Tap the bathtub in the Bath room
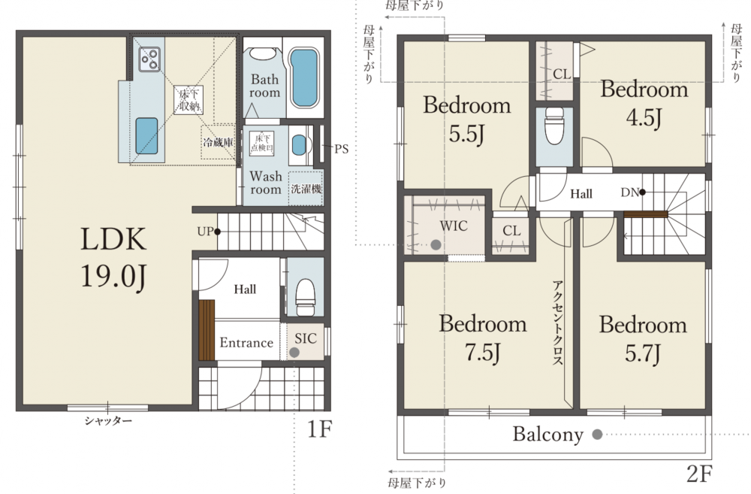pos(305,78)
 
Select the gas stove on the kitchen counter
pos(149,59)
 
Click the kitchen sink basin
pos(146,136)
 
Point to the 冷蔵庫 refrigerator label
pos(219,142)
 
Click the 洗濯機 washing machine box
pos(306,189)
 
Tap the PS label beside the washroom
pos(341,149)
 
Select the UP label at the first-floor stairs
pos(206,231)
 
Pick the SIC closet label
pos(306,338)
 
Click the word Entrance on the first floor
pos(246,342)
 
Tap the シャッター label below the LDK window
pos(108,421)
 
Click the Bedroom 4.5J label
pos(644,103)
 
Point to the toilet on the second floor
pos(554,126)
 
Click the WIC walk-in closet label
pos(454,226)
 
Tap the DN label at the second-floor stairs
pos(630,192)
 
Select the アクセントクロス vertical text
pos(557,323)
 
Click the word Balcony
pos(548,434)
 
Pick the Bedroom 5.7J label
pos(643,339)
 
